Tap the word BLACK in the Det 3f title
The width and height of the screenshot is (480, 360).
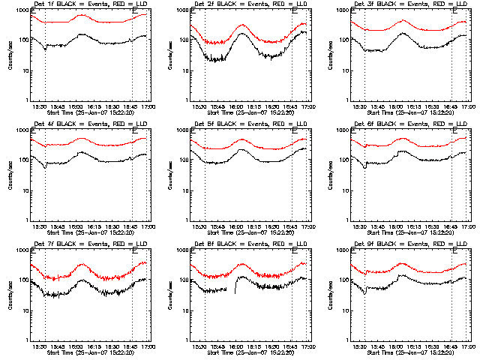382,5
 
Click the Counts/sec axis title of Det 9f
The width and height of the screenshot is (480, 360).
331,295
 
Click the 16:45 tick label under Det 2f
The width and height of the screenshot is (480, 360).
290,107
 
